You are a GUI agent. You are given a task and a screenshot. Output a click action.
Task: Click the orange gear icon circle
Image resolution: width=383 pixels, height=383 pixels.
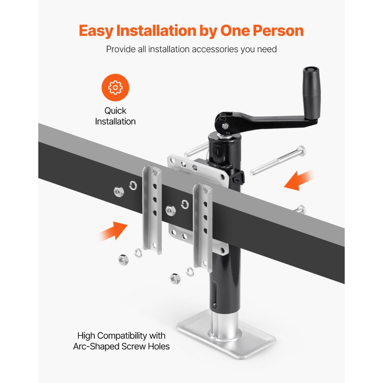[x=115, y=88]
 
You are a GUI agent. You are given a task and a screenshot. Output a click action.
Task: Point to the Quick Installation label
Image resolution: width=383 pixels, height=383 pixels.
[x=115, y=116]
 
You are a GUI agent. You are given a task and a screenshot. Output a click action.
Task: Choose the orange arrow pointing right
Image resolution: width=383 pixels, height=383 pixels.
[x=112, y=231]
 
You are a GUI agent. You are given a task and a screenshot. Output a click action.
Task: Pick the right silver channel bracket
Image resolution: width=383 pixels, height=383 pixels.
[x=203, y=226]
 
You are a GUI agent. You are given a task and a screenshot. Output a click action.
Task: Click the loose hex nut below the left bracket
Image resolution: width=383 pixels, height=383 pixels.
[x=123, y=260]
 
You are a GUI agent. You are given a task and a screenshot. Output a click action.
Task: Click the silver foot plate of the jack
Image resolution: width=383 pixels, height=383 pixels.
[x=226, y=341]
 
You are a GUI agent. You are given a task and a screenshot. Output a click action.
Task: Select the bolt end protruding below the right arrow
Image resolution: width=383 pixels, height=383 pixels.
[x=301, y=209]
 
